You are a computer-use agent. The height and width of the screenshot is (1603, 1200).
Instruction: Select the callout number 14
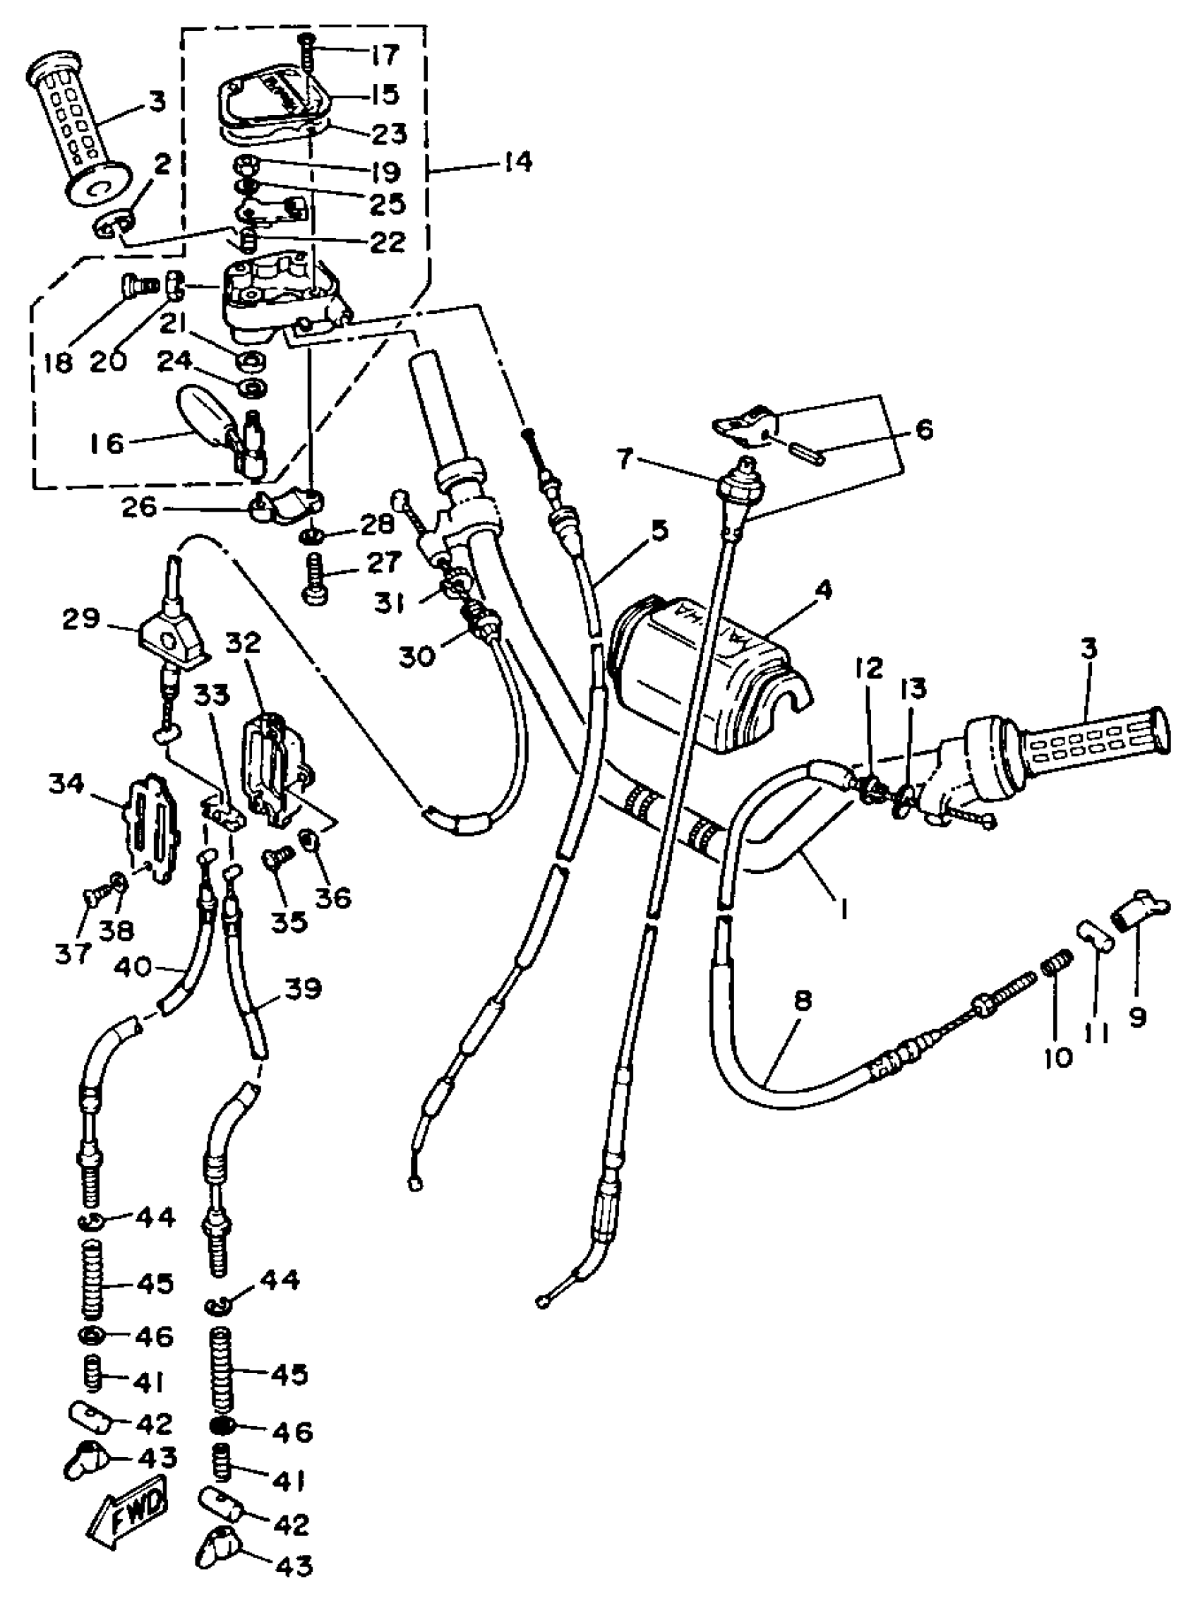coord(517,162)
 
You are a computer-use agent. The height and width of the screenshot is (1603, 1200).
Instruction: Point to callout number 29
coord(81,620)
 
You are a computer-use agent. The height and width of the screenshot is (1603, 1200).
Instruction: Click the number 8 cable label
coord(802,1002)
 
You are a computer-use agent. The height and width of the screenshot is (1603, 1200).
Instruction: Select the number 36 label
coord(334,897)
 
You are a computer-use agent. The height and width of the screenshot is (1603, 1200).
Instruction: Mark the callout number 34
coord(66,783)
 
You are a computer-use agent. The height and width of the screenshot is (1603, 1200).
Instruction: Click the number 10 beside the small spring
coord(1058,1059)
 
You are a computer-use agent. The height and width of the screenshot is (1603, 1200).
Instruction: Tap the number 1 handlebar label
coord(843,907)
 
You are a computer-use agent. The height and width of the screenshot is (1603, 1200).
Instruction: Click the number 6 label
coord(923,430)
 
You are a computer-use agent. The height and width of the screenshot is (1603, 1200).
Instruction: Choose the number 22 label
coord(387,241)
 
